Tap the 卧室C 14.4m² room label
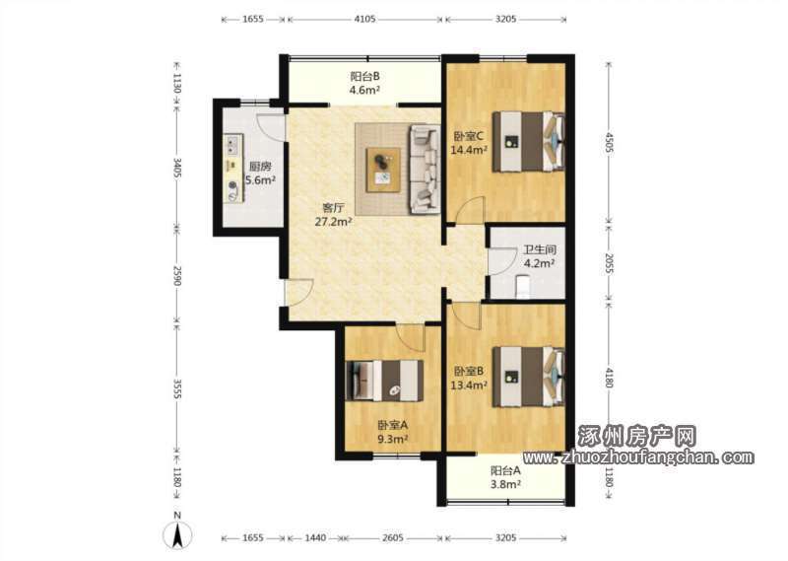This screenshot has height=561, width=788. (x=469, y=143)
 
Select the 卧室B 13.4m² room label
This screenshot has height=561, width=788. (x=469, y=379)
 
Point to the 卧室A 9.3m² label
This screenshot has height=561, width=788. (x=392, y=432)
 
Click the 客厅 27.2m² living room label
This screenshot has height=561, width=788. (x=333, y=215)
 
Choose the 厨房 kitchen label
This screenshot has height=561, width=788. (x=260, y=167)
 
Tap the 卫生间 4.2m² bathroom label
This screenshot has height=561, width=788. (x=540, y=256)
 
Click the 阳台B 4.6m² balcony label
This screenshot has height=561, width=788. (x=364, y=84)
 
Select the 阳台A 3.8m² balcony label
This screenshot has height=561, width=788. (x=505, y=477)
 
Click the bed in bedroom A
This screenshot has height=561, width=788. (x=384, y=381)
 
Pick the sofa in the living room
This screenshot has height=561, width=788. (x=426, y=169)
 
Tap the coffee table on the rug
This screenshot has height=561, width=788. (x=383, y=170)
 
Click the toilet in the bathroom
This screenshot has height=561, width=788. (x=523, y=287)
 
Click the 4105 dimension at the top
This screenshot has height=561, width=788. (x=364, y=19)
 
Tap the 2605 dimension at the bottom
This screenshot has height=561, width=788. (x=392, y=538)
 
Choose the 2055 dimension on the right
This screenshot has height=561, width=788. (x=609, y=262)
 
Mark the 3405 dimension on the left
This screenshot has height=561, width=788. (x=177, y=168)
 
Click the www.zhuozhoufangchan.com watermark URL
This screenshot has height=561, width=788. (x=638, y=457)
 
